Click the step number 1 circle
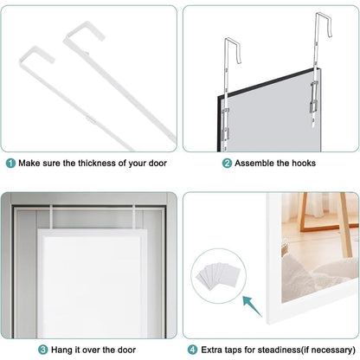[10, 164]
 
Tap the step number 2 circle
[227, 164]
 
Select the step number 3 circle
[42, 350]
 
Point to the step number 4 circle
[192, 350]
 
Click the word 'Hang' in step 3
[61, 350]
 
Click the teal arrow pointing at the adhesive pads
[252, 305]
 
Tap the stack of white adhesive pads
[218, 275]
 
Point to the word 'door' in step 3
[126, 350]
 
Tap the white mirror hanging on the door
[92, 283]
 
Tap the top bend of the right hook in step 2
[323, 15]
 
